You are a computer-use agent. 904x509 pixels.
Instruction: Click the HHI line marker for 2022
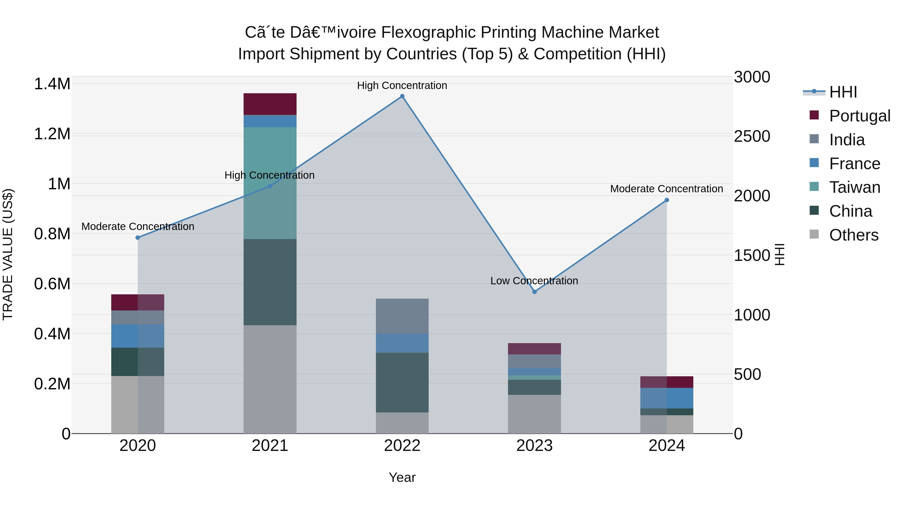[402, 97]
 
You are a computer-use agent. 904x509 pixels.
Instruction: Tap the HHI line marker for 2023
[534, 292]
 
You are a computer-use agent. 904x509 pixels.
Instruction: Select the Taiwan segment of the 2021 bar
[270, 183]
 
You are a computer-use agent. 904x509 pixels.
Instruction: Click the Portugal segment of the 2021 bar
[270, 104]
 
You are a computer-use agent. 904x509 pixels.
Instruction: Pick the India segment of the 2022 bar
[402, 316]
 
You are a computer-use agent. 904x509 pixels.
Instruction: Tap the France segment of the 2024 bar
[667, 398]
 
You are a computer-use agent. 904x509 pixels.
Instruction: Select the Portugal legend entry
[860, 116]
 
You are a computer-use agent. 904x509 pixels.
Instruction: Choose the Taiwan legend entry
[855, 187]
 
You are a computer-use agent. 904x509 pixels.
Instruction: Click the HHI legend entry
[843, 92]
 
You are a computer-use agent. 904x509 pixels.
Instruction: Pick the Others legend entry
[854, 235]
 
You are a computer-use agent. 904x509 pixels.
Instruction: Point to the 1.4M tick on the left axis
[52, 84]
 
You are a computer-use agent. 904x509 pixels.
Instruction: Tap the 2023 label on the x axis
[534, 446]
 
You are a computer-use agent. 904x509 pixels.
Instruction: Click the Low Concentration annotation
[534, 281]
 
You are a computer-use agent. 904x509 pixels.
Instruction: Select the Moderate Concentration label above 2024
[666, 189]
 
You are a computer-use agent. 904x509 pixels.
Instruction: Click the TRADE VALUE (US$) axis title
[8, 254]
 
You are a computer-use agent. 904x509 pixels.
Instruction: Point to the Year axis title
[402, 477]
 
